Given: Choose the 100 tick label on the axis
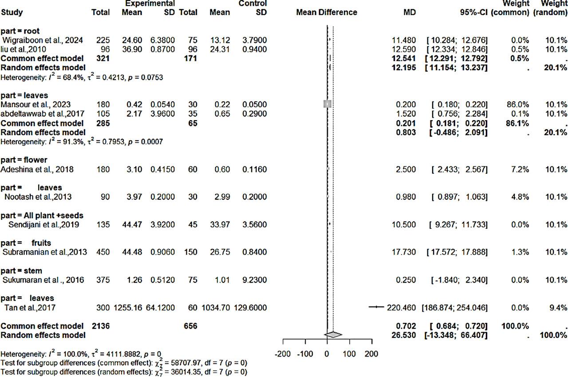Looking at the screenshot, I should [349, 354].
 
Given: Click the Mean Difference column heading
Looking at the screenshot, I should [326, 12].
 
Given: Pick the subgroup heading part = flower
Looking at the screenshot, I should [24, 160].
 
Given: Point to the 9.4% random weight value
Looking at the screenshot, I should [557, 307].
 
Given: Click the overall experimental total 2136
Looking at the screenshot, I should [100, 326].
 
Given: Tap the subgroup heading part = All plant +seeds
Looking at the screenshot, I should [42, 215].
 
